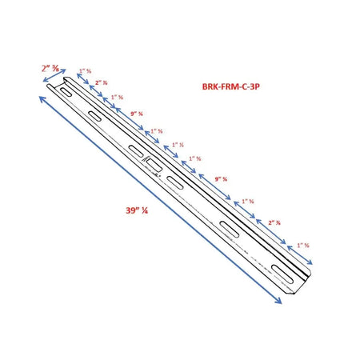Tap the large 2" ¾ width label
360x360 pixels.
point(50,68)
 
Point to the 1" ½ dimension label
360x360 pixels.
point(178,145)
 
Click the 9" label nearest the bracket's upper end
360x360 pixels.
point(135,114)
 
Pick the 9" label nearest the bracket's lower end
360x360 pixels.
point(221,178)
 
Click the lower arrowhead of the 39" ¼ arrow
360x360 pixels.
point(279,302)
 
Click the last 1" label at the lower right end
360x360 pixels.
point(302,245)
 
